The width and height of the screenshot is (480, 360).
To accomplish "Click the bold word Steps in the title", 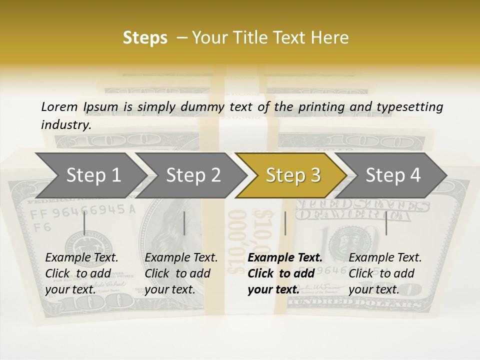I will (145, 38).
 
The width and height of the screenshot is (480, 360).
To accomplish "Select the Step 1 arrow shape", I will (90, 175).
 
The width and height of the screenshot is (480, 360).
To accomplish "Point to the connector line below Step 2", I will (184, 223).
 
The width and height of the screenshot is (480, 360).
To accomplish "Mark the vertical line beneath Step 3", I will (285, 223).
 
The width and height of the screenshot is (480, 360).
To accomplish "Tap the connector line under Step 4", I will (386, 223).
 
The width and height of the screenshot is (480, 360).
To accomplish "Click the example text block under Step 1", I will (81, 273).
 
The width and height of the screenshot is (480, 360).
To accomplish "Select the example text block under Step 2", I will (181, 273).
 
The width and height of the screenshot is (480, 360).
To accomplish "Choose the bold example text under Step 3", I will (284, 273).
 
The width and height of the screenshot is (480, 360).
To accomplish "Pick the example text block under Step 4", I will (385, 273).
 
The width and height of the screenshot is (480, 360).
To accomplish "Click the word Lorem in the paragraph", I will (59, 106).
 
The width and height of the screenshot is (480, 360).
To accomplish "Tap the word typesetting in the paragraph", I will (414, 106).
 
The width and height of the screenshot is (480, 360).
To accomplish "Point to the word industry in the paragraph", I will (66, 124).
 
